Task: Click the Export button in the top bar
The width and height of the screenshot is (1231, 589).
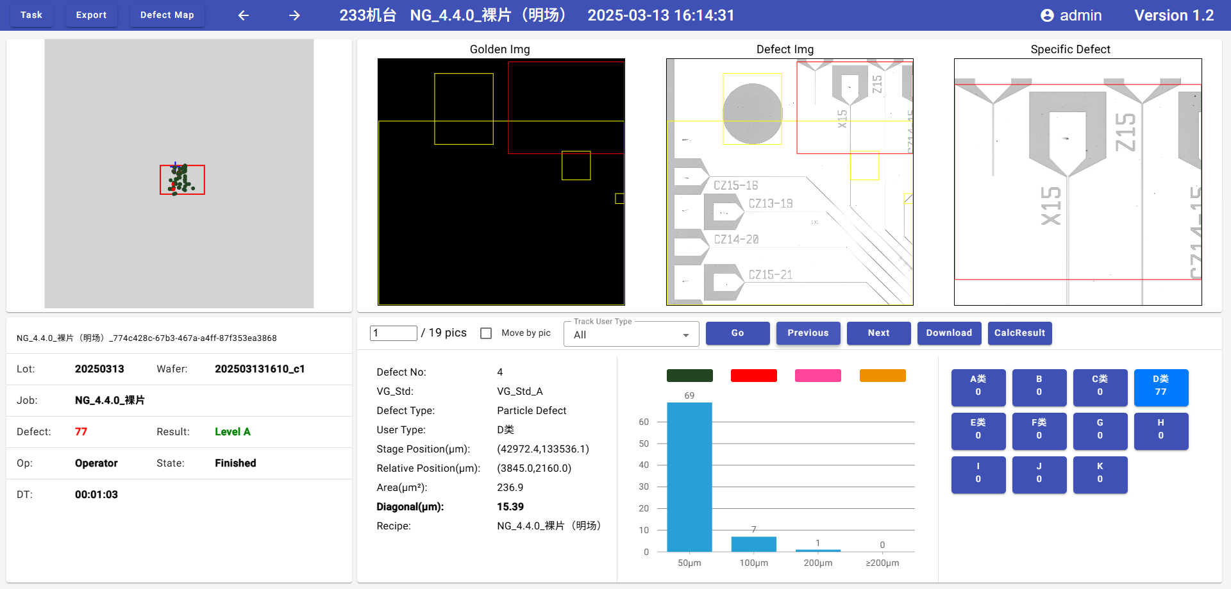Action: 91,15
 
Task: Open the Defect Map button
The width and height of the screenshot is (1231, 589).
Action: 167,15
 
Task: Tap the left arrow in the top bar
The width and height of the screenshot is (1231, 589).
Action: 244,15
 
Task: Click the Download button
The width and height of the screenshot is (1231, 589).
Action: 949,333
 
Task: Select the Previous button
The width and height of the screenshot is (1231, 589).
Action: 808,333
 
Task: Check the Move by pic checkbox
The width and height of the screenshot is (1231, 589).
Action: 486,333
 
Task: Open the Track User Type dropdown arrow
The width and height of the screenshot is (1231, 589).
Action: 686,335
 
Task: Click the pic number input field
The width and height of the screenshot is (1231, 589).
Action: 393,333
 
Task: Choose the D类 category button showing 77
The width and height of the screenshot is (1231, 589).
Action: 1160,387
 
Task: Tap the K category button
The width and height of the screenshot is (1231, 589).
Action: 1100,474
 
